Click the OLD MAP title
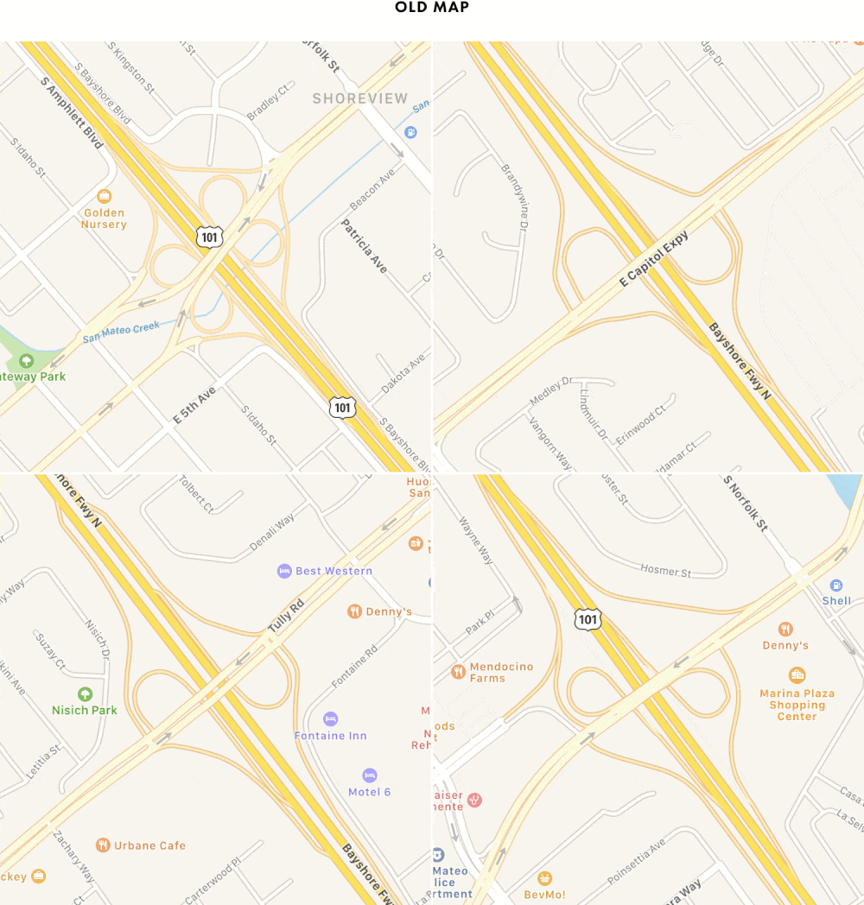pyautogui.click(x=431, y=8)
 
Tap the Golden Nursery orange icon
pyautogui.click(x=104, y=196)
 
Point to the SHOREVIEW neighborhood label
pyautogui.click(x=359, y=98)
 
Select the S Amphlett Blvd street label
pyautogui.click(x=72, y=111)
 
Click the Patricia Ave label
pyautogui.click(x=364, y=246)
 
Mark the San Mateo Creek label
pyautogui.click(x=122, y=332)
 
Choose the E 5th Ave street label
pyautogui.click(x=194, y=405)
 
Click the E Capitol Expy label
pyautogui.click(x=655, y=259)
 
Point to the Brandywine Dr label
pyautogui.click(x=513, y=197)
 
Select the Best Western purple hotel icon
pyautogui.click(x=284, y=571)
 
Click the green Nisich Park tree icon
pyautogui.click(x=85, y=693)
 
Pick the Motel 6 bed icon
pyautogui.click(x=370, y=775)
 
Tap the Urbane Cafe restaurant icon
pyautogui.click(x=103, y=845)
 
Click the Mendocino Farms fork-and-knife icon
pyautogui.click(x=458, y=671)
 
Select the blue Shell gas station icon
pyautogui.click(x=835, y=585)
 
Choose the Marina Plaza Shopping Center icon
pyautogui.click(x=797, y=675)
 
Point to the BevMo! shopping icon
pyautogui.click(x=544, y=878)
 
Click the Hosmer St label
pyautogui.click(x=666, y=572)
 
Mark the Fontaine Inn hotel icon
pyautogui.click(x=330, y=718)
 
